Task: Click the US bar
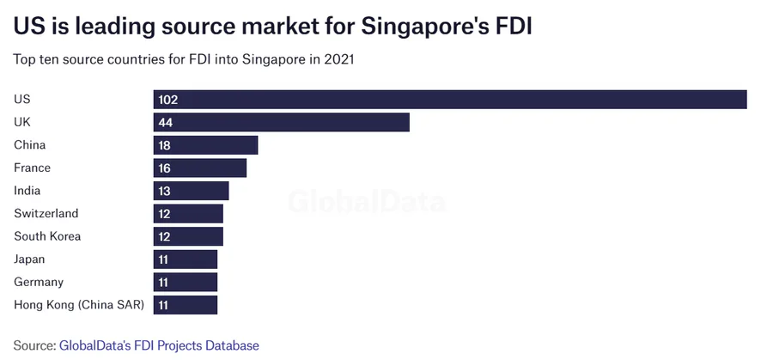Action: tap(450, 100)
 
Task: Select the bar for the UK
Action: tap(281, 122)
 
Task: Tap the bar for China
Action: tap(205, 145)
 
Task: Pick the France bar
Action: tap(200, 168)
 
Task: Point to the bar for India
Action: tap(191, 191)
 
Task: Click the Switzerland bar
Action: tap(188, 213)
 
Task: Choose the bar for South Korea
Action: tap(188, 236)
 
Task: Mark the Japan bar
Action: tap(186, 259)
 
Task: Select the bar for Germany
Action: tap(186, 282)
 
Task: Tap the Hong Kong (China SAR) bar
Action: tap(186, 304)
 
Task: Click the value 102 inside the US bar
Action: tap(167, 100)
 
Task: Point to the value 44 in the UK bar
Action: tap(166, 122)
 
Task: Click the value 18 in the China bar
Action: tap(165, 145)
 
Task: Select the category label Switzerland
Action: tap(46, 213)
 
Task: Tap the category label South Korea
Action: tap(47, 236)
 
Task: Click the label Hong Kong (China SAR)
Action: tap(79, 304)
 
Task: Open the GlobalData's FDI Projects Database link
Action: tap(159, 345)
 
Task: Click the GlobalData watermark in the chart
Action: tap(367, 203)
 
